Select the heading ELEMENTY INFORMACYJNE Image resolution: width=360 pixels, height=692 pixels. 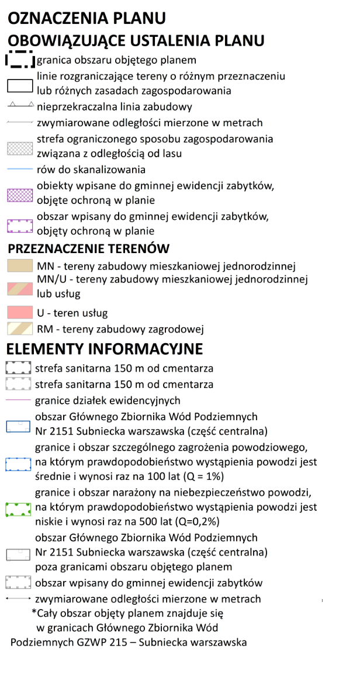[x=104, y=350]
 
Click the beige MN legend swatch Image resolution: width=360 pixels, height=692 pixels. [x=19, y=266]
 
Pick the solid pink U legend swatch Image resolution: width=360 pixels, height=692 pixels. [x=19, y=312]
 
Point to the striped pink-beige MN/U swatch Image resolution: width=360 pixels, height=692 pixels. [x=19, y=287]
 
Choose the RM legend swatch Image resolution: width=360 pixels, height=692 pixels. [x=19, y=328]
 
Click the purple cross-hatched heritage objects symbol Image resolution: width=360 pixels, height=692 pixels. [x=19, y=195]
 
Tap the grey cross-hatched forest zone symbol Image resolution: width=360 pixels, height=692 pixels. [x=19, y=148]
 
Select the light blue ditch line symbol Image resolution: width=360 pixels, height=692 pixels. [x=19, y=169]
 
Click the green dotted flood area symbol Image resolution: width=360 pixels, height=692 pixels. [x=18, y=508]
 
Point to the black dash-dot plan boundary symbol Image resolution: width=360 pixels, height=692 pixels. [x=19, y=59]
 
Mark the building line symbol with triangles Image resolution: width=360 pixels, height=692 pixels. [x=19, y=106]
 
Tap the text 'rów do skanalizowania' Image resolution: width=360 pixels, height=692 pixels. [x=91, y=169]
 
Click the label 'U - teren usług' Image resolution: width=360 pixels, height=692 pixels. [x=72, y=313]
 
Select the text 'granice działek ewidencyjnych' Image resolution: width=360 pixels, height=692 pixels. [x=108, y=400]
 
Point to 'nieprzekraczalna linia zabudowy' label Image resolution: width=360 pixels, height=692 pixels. [x=114, y=107]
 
